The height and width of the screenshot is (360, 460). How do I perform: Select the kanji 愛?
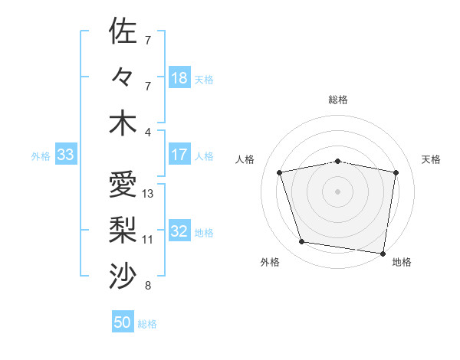click(123, 184)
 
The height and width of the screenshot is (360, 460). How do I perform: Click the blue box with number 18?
click(179, 78)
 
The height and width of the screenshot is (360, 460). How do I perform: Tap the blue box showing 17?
click(179, 155)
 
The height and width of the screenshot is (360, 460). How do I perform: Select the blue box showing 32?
click(179, 232)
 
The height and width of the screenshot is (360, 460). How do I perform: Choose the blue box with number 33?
click(65, 155)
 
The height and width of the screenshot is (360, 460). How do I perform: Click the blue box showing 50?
click(123, 322)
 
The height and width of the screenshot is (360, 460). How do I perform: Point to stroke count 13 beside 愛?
click(148, 194)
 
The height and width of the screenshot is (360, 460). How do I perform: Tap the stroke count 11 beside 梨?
click(148, 240)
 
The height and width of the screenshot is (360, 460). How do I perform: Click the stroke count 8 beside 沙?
click(148, 286)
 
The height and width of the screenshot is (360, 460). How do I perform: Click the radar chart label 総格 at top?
click(338, 100)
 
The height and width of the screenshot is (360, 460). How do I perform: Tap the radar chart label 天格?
click(431, 159)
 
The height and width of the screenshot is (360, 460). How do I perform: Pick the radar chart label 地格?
click(402, 262)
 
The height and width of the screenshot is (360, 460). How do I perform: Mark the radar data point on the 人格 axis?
click(280, 172)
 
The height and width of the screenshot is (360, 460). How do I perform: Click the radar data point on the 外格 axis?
click(302, 242)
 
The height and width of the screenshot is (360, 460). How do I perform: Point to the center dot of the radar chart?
click(338, 191)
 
